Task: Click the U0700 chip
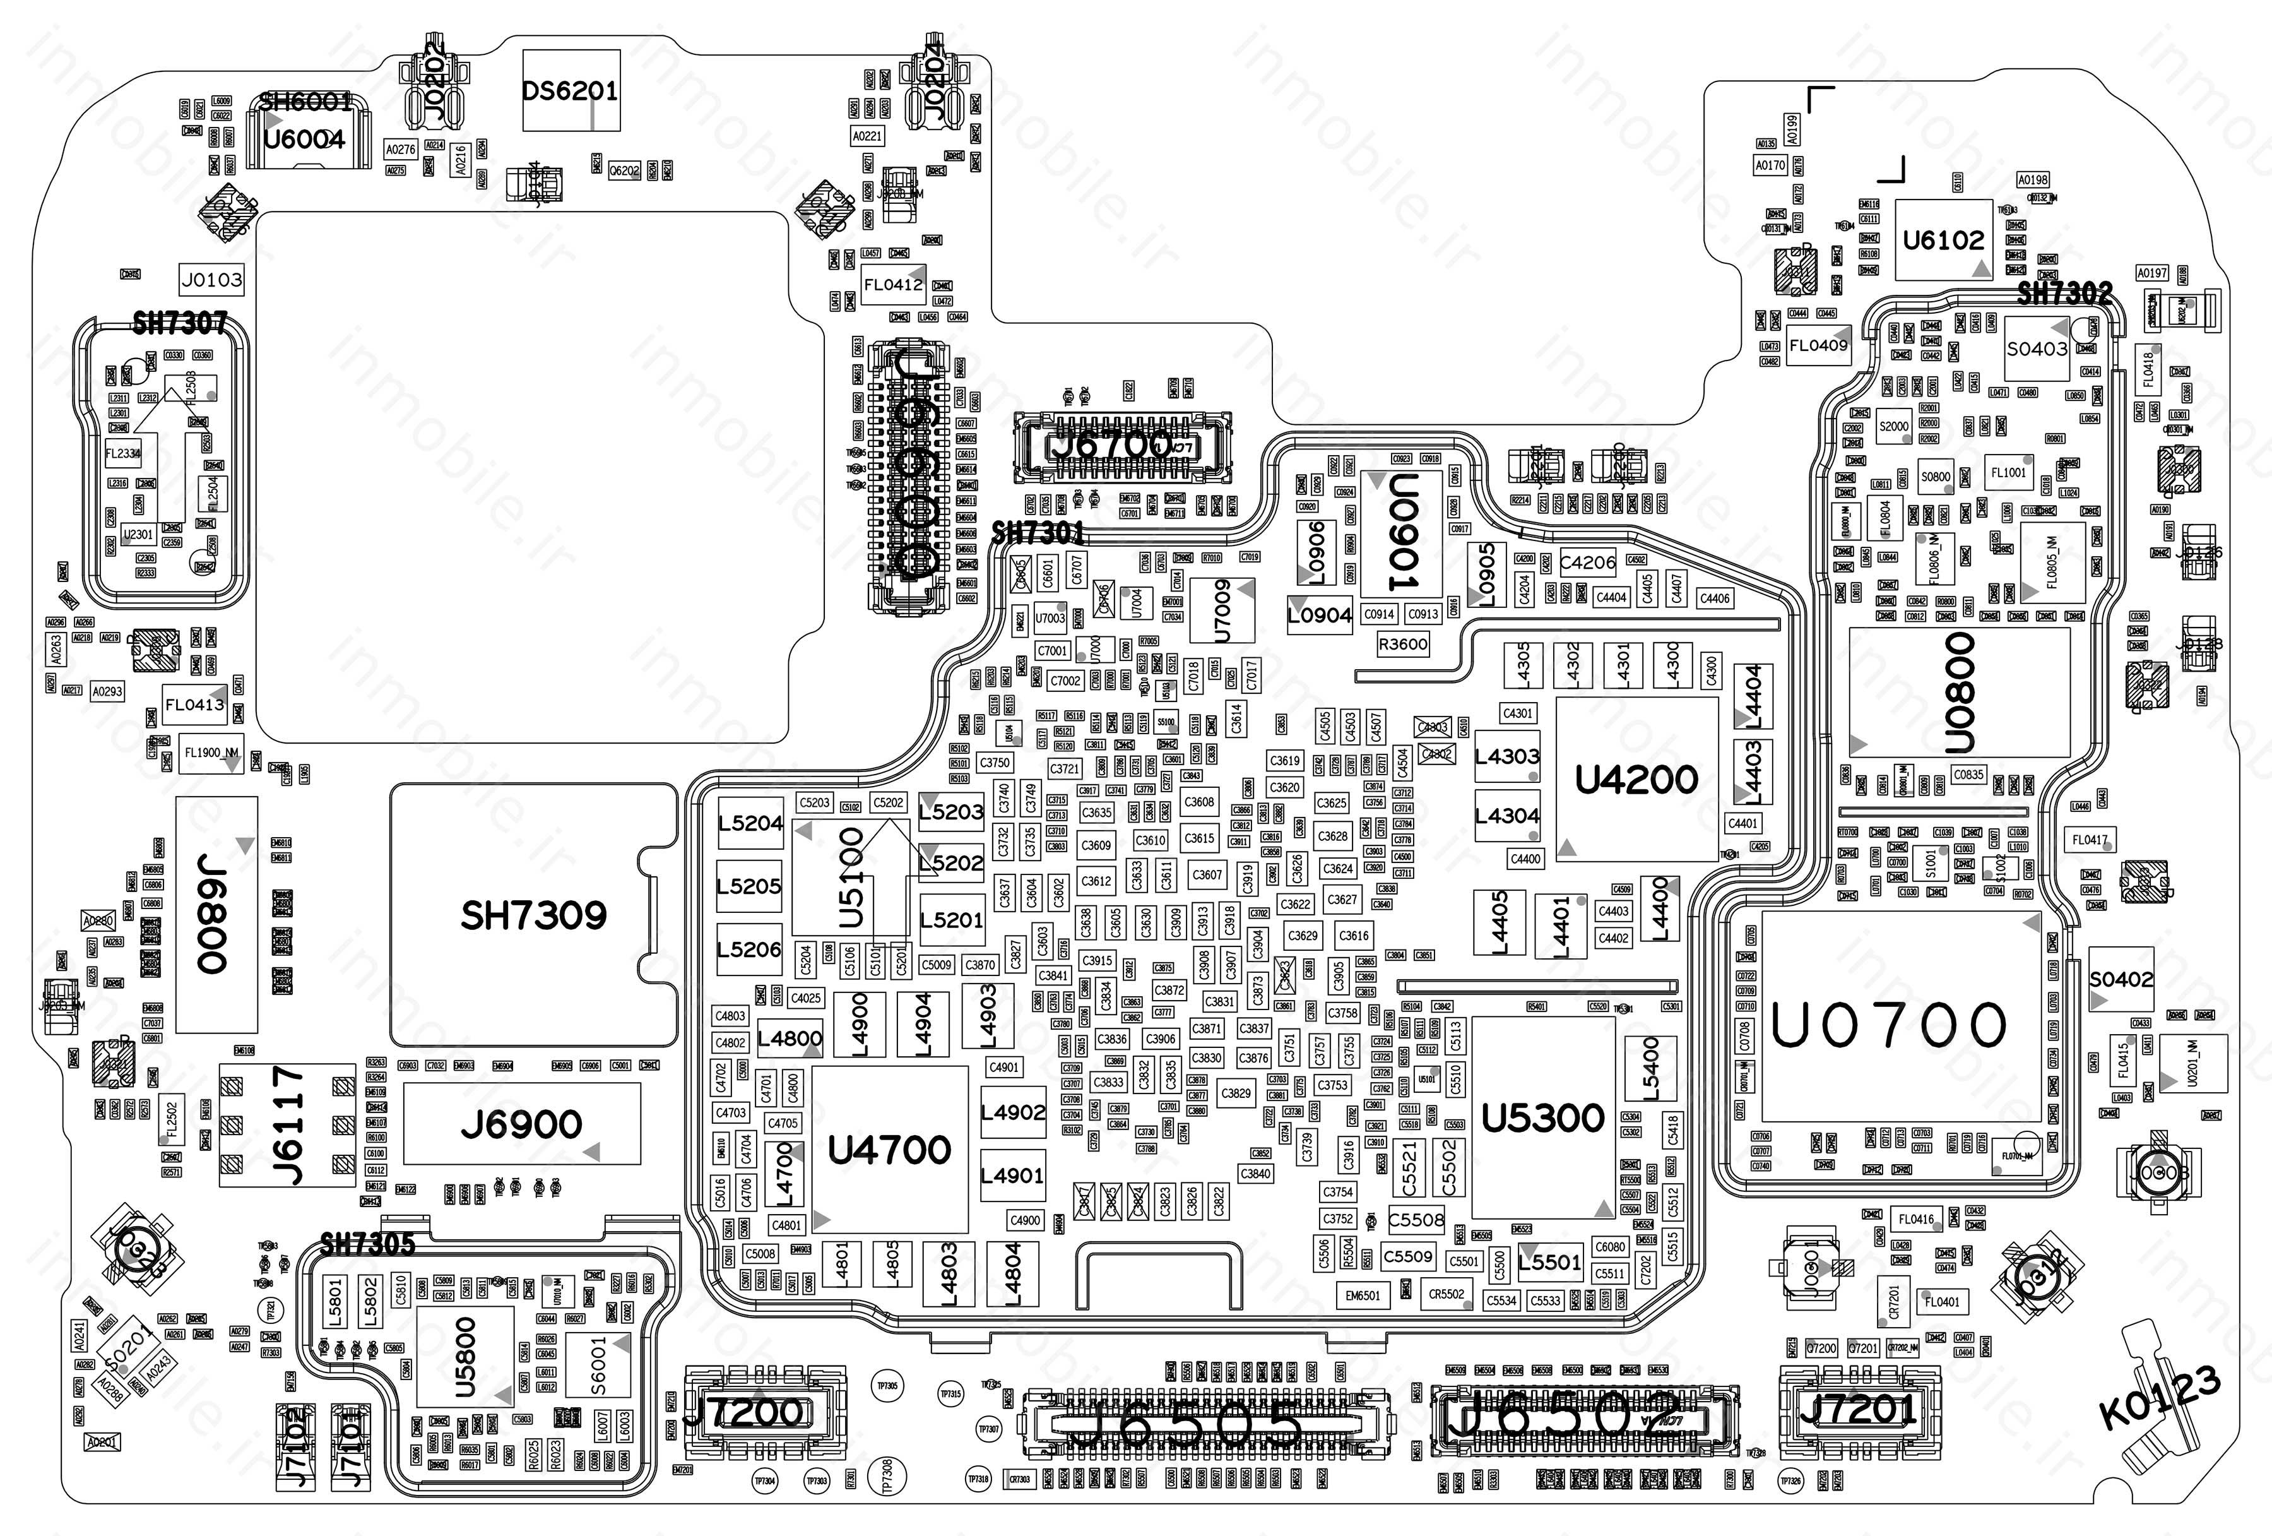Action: point(1889,1023)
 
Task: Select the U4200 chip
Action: point(1636,779)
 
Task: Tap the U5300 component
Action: point(1542,1117)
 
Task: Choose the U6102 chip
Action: point(1943,239)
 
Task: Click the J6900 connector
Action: point(522,1123)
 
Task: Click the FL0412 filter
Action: point(892,285)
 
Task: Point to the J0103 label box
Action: point(211,280)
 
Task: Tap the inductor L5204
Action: point(750,823)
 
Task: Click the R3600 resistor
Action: point(1403,643)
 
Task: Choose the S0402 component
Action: point(2121,979)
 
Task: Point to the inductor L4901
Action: point(1012,1176)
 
